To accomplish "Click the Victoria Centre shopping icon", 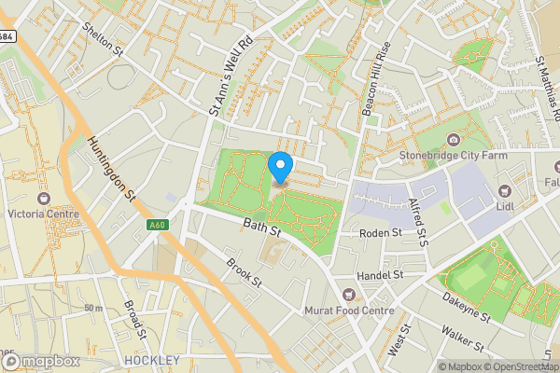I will (42, 198).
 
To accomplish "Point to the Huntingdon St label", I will (111, 169).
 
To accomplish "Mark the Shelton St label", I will (102, 38).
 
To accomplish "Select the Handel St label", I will (379, 276).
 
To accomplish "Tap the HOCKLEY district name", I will (151, 360).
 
